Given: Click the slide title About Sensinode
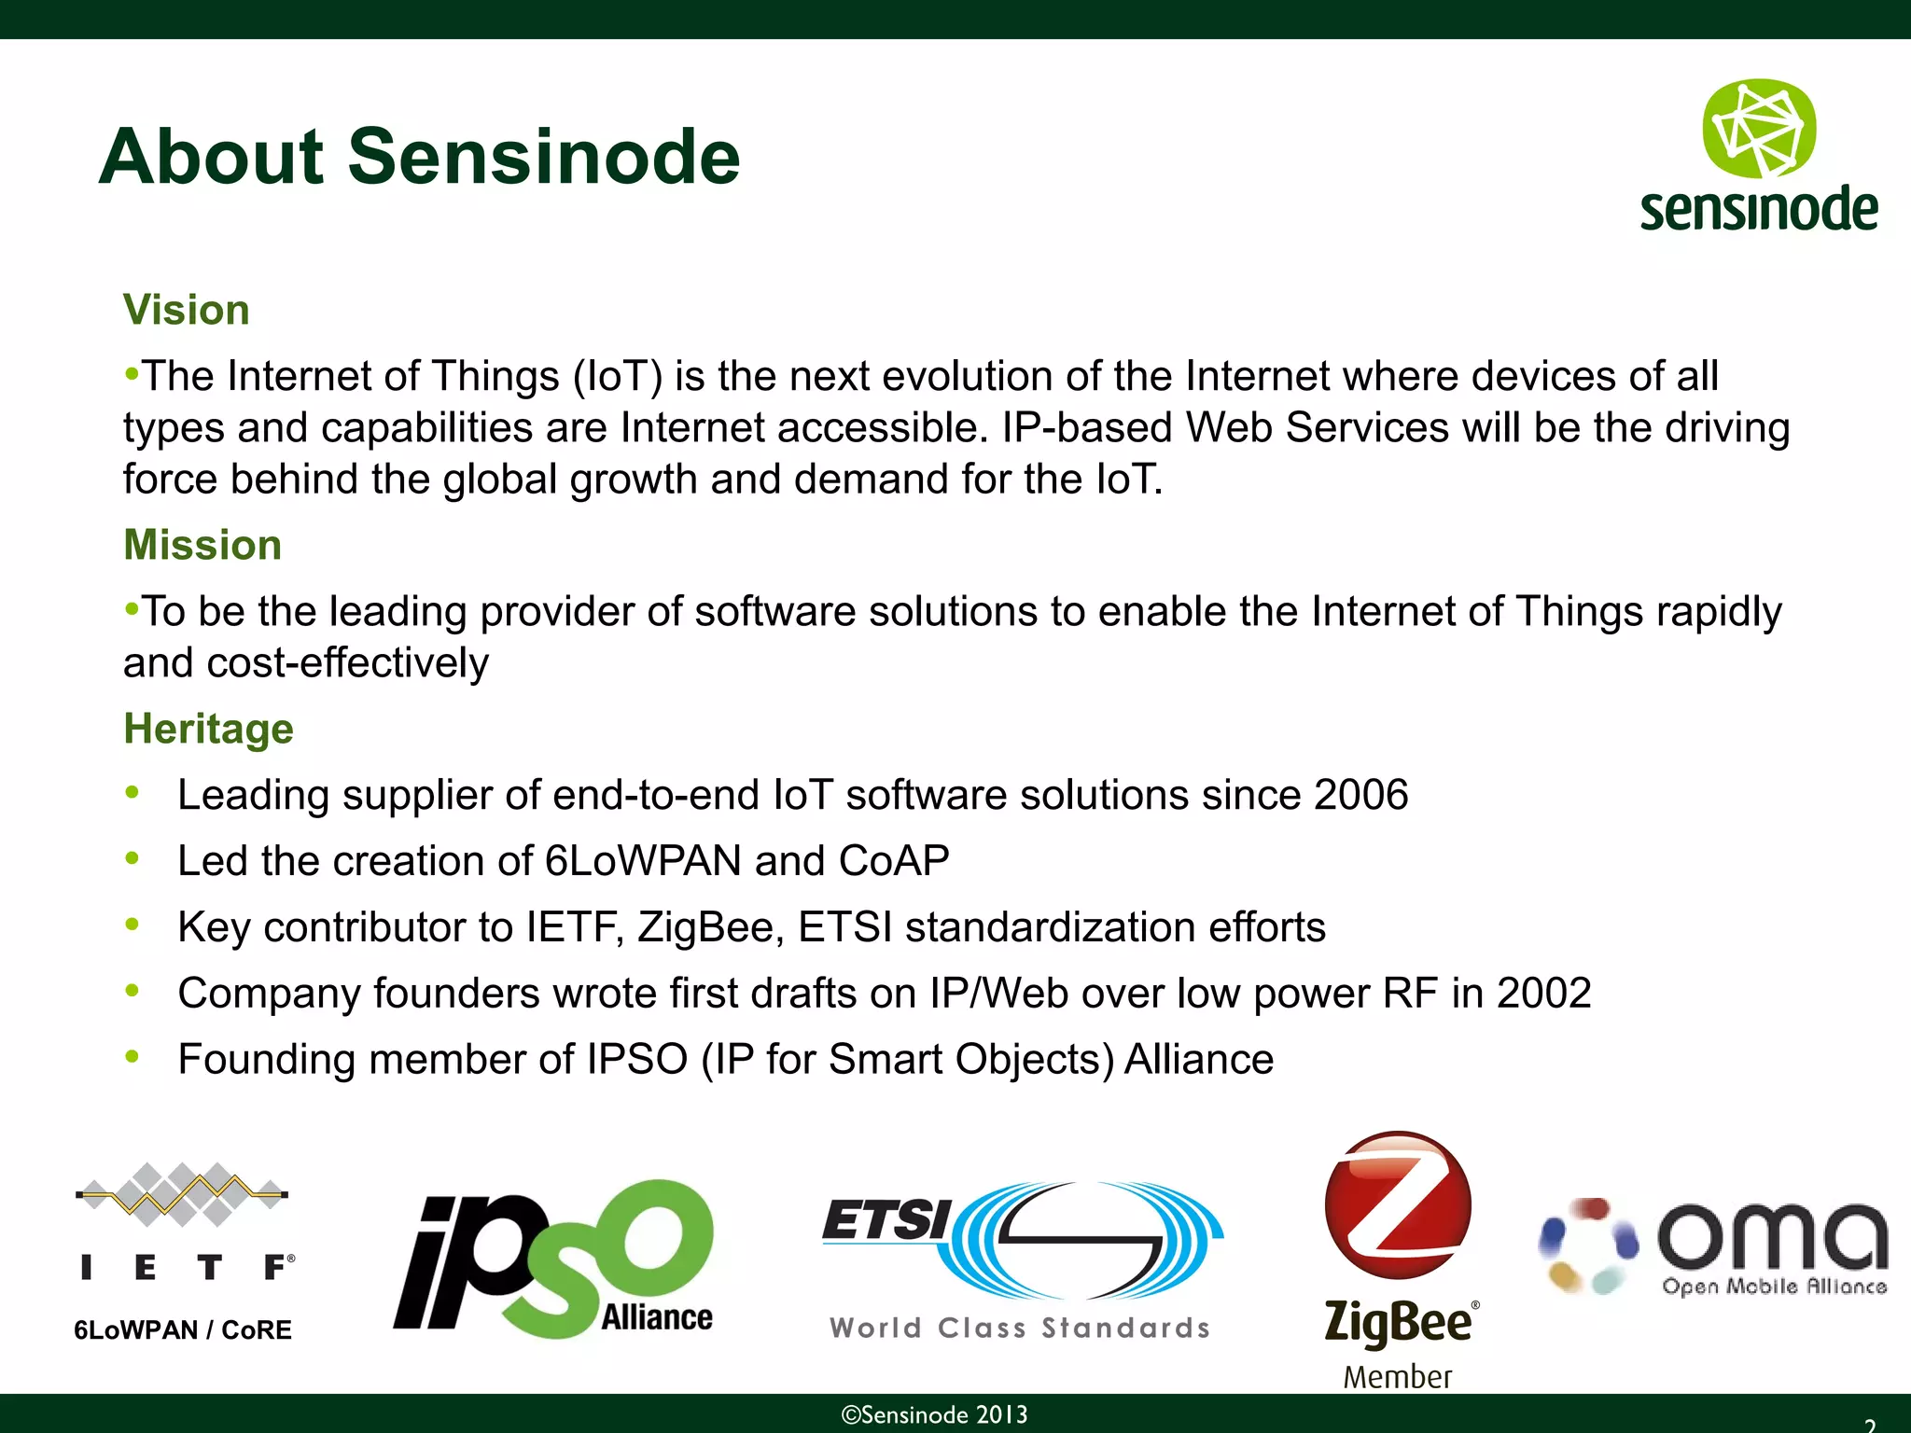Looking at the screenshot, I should (x=419, y=157).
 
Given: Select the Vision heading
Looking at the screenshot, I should (x=187, y=310).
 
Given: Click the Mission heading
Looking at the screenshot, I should (x=202, y=545).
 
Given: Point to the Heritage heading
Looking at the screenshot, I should (x=208, y=729).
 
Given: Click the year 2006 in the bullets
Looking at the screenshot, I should (x=1360, y=795).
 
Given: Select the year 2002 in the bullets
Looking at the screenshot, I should (x=1543, y=993).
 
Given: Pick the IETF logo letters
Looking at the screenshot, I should (x=187, y=1267).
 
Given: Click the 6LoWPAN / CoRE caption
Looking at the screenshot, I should (x=183, y=1329).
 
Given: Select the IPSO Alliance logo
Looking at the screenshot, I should (x=553, y=1259).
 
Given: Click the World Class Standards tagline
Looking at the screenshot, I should (x=1019, y=1328).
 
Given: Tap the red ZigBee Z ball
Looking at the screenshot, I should (x=1397, y=1204).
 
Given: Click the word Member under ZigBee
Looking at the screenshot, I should (x=1397, y=1377).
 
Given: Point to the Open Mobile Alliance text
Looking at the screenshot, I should (x=1774, y=1287).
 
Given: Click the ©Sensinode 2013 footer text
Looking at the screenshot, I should (x=934, y=1414).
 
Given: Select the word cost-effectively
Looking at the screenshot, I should (x=347, y=663).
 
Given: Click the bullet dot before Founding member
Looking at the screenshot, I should (x=133, y=1057).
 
